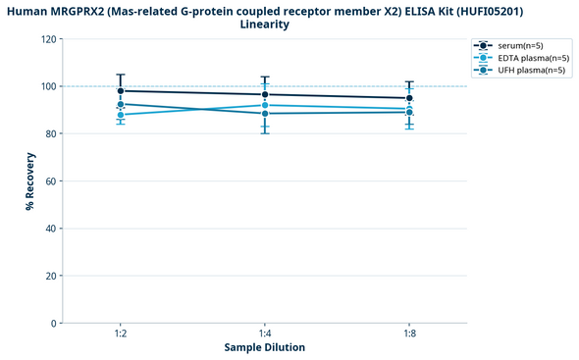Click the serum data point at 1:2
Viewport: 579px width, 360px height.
click(x=121, y=91)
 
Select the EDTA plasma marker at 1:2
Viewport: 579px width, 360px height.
click(x=121, y=115)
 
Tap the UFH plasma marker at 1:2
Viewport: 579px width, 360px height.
click(x=121, y=104)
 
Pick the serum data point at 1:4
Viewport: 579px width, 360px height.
click(x=265, y=95)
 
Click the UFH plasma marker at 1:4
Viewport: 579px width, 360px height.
click(x=265, y=114)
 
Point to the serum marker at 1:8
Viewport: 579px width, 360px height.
click(x=409, y=98)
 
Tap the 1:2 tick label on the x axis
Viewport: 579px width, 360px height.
click(x=121, y=334)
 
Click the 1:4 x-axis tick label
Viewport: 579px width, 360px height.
click(x=265, y=334)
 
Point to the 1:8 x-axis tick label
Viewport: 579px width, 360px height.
click(x=409, y=334)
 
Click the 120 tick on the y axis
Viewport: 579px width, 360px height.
click(x=47, y=39)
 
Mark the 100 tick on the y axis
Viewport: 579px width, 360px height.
click(x=47, y=86)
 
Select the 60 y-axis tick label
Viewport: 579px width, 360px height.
click(x=50, y=181)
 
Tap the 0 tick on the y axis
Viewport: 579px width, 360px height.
click(x=53, y=323)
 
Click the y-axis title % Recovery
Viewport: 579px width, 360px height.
click(x=30, y=180)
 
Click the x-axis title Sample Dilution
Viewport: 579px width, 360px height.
click(x=265, y=348)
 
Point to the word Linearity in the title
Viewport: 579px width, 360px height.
click(x=265, y=25)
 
